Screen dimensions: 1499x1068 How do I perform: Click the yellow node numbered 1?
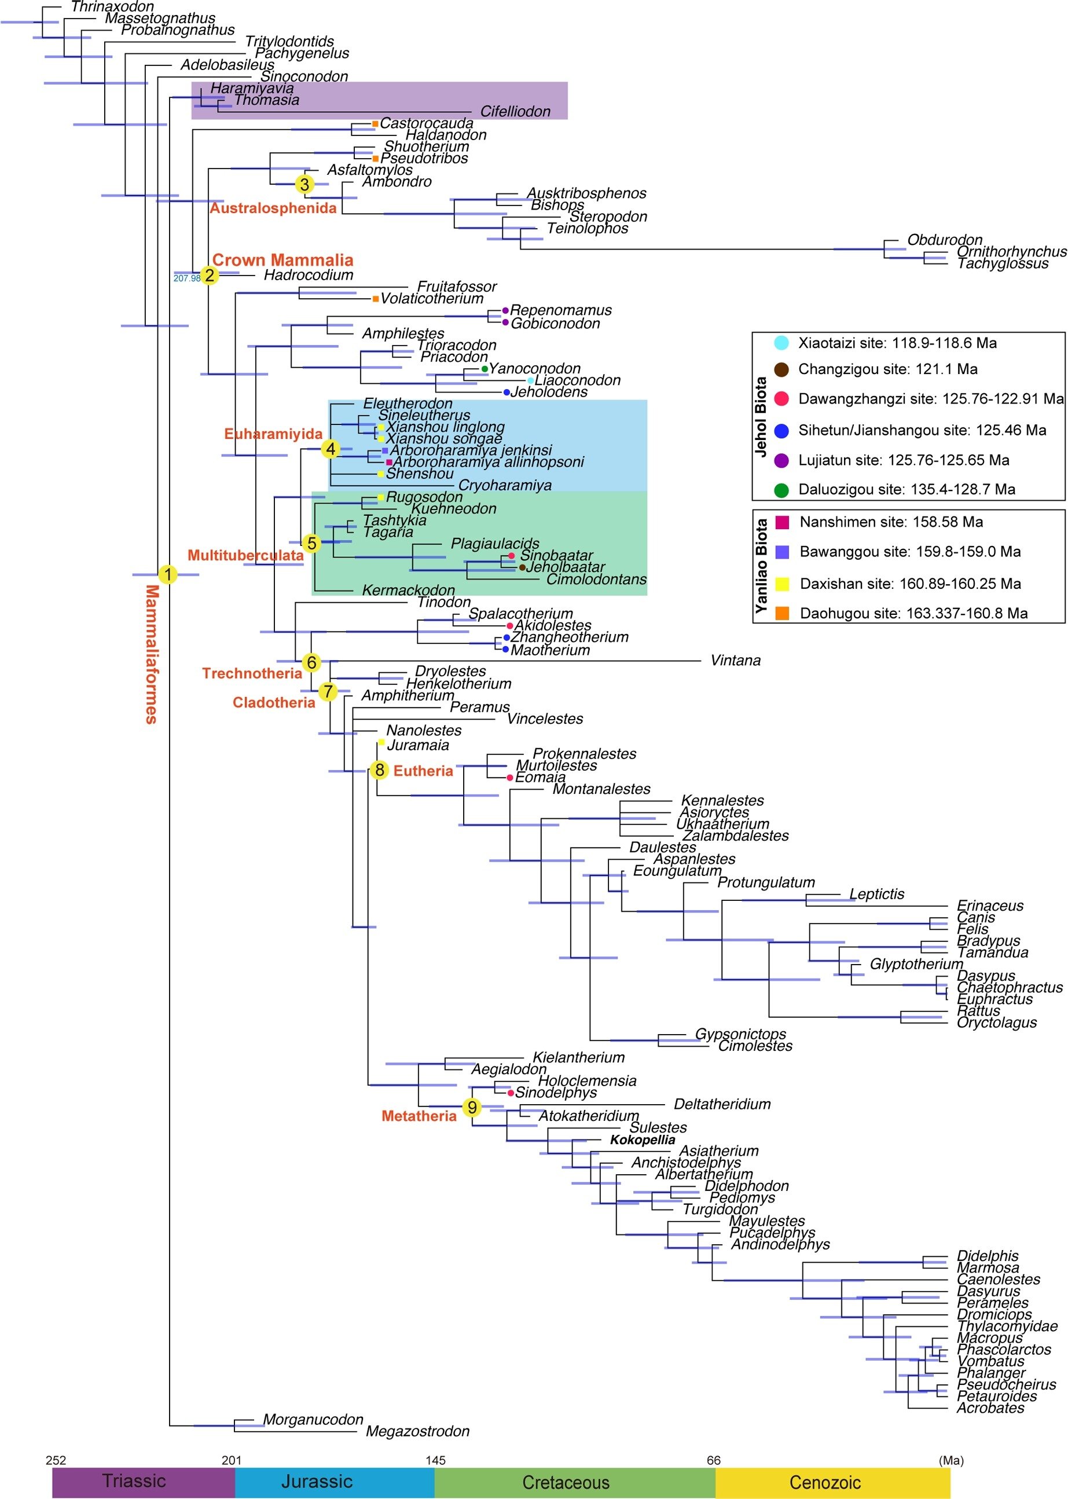point(168,574)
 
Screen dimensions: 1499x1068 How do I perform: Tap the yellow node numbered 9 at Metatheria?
point(472,1108)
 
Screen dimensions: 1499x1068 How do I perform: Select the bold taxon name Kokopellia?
point(643,1140)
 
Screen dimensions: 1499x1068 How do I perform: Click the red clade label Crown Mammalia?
point(283,260)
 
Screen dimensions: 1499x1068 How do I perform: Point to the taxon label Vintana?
point(735,661)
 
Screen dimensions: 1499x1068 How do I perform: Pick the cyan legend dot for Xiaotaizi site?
point(781,343)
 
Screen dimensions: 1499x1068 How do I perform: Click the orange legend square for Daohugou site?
point(782,613)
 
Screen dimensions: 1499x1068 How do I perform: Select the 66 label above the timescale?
point(714,1460)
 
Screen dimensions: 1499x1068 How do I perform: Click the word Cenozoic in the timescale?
point(825,1483)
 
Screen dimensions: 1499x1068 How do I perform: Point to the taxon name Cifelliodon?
point(515,111)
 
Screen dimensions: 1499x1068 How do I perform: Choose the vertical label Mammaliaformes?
point(151,654)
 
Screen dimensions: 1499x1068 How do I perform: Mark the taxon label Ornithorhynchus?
point(1011,252)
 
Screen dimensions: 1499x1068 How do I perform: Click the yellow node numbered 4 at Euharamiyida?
point(331,449)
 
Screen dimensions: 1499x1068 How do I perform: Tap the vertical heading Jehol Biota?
point(761,417)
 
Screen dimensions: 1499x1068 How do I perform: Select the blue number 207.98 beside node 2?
point(187,278)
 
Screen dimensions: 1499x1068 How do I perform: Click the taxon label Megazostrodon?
point(417,1431)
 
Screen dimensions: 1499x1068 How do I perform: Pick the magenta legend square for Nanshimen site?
point(782,522)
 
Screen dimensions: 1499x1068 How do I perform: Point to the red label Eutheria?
point(423,771)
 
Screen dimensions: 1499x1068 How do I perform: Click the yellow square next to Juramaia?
point(381,743)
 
